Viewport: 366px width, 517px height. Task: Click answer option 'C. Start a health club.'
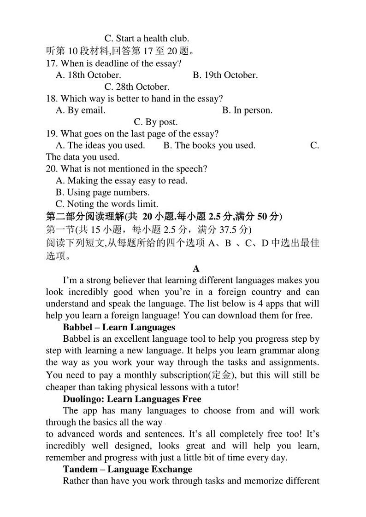147,39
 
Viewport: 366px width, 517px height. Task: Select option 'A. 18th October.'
88,75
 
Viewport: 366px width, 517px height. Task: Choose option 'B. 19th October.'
225,75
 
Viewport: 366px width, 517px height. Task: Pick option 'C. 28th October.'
137,86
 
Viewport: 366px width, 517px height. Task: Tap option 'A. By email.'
80,110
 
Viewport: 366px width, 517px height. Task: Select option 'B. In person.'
247,110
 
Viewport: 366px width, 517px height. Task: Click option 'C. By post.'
155,122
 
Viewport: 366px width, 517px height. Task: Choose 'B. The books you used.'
209,145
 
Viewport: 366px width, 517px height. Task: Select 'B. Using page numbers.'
102,192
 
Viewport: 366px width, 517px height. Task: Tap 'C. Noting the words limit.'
106,204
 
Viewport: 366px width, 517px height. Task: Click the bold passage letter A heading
196,269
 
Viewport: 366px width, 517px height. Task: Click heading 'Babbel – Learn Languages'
119,327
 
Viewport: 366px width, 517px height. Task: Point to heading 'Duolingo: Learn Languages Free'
132,399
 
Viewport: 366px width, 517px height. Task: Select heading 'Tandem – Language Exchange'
127,470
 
